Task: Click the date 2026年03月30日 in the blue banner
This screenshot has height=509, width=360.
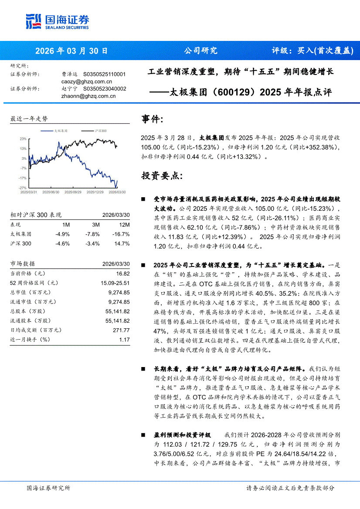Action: [71, 51]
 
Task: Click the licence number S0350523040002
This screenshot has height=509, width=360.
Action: [104, 89]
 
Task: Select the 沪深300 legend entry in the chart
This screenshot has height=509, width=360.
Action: [100, 131]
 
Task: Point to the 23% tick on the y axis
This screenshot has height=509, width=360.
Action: [23, 139]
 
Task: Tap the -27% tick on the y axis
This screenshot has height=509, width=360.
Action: [23, 188]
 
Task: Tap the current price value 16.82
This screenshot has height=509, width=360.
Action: [122, 273]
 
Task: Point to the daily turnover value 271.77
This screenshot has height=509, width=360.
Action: [120, 330]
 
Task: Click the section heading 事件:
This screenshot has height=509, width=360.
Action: [153, 119]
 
